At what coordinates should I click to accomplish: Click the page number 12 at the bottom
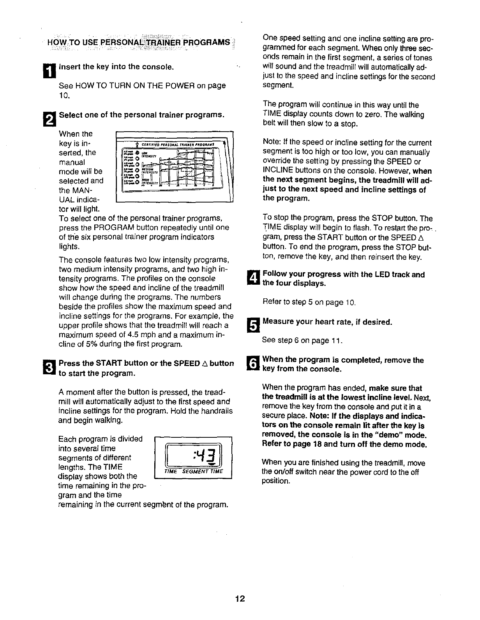(x=240, y=599)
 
